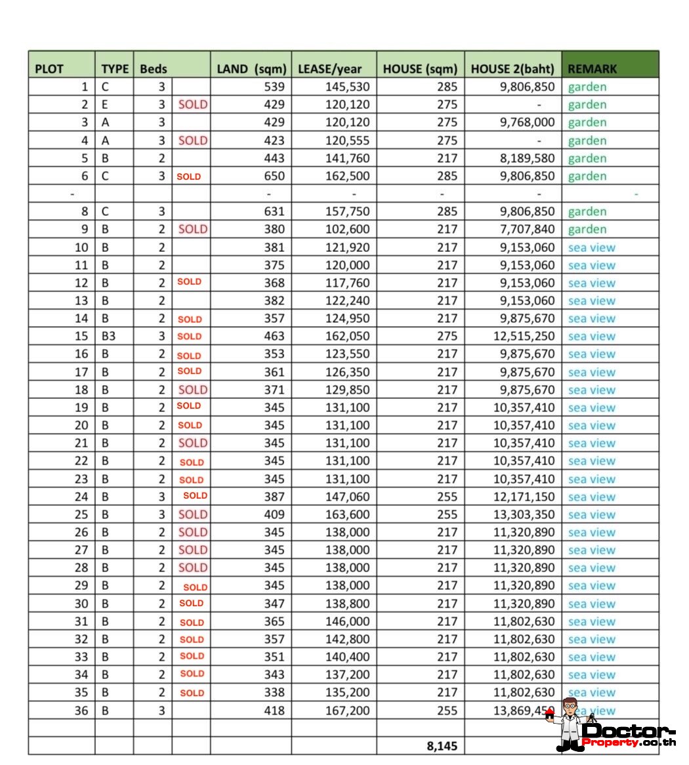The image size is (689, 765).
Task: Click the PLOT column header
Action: coord(49,69)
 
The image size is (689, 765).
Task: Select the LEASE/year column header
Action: coord(329,69)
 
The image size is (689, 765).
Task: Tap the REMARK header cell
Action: coord(592,69)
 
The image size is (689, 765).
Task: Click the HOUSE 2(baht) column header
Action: coord(512,69)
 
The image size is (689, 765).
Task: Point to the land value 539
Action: coord(274,87)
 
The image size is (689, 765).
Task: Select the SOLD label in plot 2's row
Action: coord(192,104)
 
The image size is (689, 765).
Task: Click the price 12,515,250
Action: coord(524,336)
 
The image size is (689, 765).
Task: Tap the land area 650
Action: coord(274,176)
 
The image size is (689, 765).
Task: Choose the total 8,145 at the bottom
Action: coord(442,746)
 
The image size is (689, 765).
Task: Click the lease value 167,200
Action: coord(347,711)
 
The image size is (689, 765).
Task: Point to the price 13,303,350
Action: coord(524,514)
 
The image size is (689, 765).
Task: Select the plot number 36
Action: coord(81,711)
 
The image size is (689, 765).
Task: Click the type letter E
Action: coord(105,104)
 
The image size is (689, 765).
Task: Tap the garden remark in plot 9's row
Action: coord(587,229)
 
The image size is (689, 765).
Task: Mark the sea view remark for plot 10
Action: coord(592,247)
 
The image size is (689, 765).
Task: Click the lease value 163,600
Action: coord(347,514)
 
